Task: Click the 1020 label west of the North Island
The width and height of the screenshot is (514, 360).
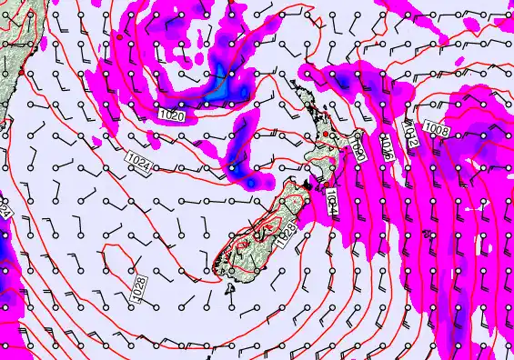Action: (x=171, y=116)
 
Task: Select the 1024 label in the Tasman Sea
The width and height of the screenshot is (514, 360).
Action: (x=139, y=163)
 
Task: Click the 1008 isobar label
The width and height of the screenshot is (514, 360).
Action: (x=436, y=130)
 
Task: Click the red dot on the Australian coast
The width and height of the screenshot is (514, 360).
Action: (x=20, y=72)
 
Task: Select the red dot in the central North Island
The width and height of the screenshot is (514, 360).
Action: (x=325, y=135)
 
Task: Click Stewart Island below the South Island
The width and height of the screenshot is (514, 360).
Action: (x=232, y=288)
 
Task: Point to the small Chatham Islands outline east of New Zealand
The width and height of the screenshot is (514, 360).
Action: (x=470, y=211)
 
